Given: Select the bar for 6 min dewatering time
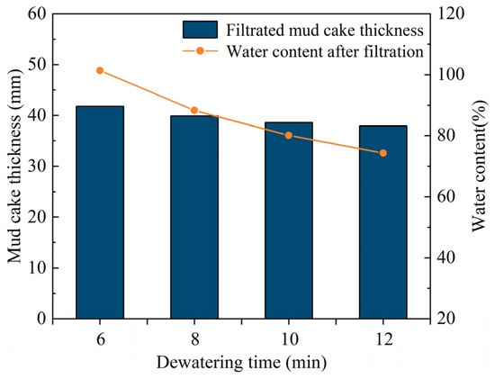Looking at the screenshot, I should tap(100, 212).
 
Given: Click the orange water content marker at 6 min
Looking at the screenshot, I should tap(100, 70).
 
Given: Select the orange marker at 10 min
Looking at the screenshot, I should tap(289, 135).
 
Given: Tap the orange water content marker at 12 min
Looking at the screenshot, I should tap(383, 153).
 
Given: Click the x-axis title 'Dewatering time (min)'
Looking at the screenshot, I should tap(241, 363).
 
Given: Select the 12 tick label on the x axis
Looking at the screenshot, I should tap(383, 338).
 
